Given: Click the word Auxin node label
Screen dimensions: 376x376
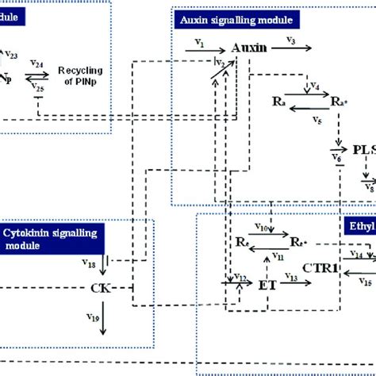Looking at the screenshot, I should pos(248,48).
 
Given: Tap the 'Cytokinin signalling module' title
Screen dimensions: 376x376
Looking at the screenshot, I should pos(44,237).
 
